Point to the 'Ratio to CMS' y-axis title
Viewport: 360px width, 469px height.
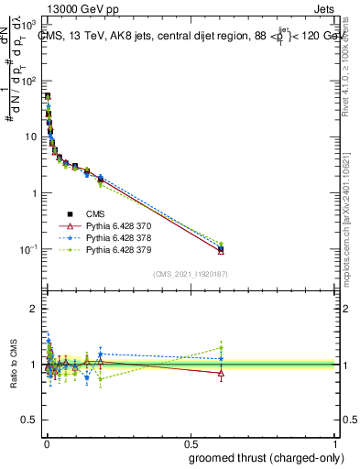click(x=13, y=365)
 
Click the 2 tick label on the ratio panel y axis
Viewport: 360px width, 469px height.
click(x=35, y=309)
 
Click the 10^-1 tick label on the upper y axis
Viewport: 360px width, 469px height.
click(x=27, y=249)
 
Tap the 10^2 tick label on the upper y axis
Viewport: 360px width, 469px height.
click(x=29, y=81)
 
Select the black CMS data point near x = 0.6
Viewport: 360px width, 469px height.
click(x=221, y=248)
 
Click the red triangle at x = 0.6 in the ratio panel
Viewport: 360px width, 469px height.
click(x=221, y=374)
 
